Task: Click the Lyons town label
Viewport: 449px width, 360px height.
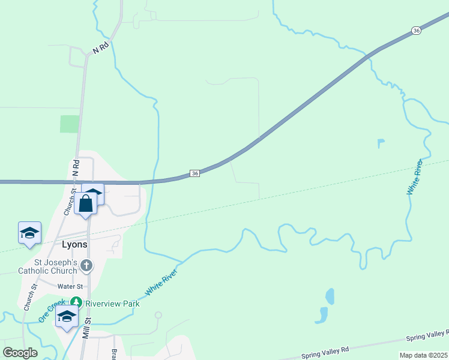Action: pos(75,245)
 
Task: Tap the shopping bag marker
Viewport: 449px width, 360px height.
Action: pos(86,204)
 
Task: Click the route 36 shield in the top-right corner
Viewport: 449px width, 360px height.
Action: pos(417,30)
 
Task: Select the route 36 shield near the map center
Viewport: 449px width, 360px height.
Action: pos(194,173)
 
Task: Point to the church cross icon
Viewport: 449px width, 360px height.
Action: pos(86,265)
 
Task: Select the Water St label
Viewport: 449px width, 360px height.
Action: pos(71,287)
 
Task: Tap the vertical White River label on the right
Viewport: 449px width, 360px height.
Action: pos(415,177)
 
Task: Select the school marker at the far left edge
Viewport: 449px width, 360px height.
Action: pos(29,232)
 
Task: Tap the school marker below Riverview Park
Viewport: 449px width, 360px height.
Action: pos(67,316)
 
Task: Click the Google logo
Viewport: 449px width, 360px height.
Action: pos(20,353)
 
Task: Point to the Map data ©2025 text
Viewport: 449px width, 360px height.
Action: pos(424,355)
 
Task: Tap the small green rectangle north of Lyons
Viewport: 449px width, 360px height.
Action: pos(70,124)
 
